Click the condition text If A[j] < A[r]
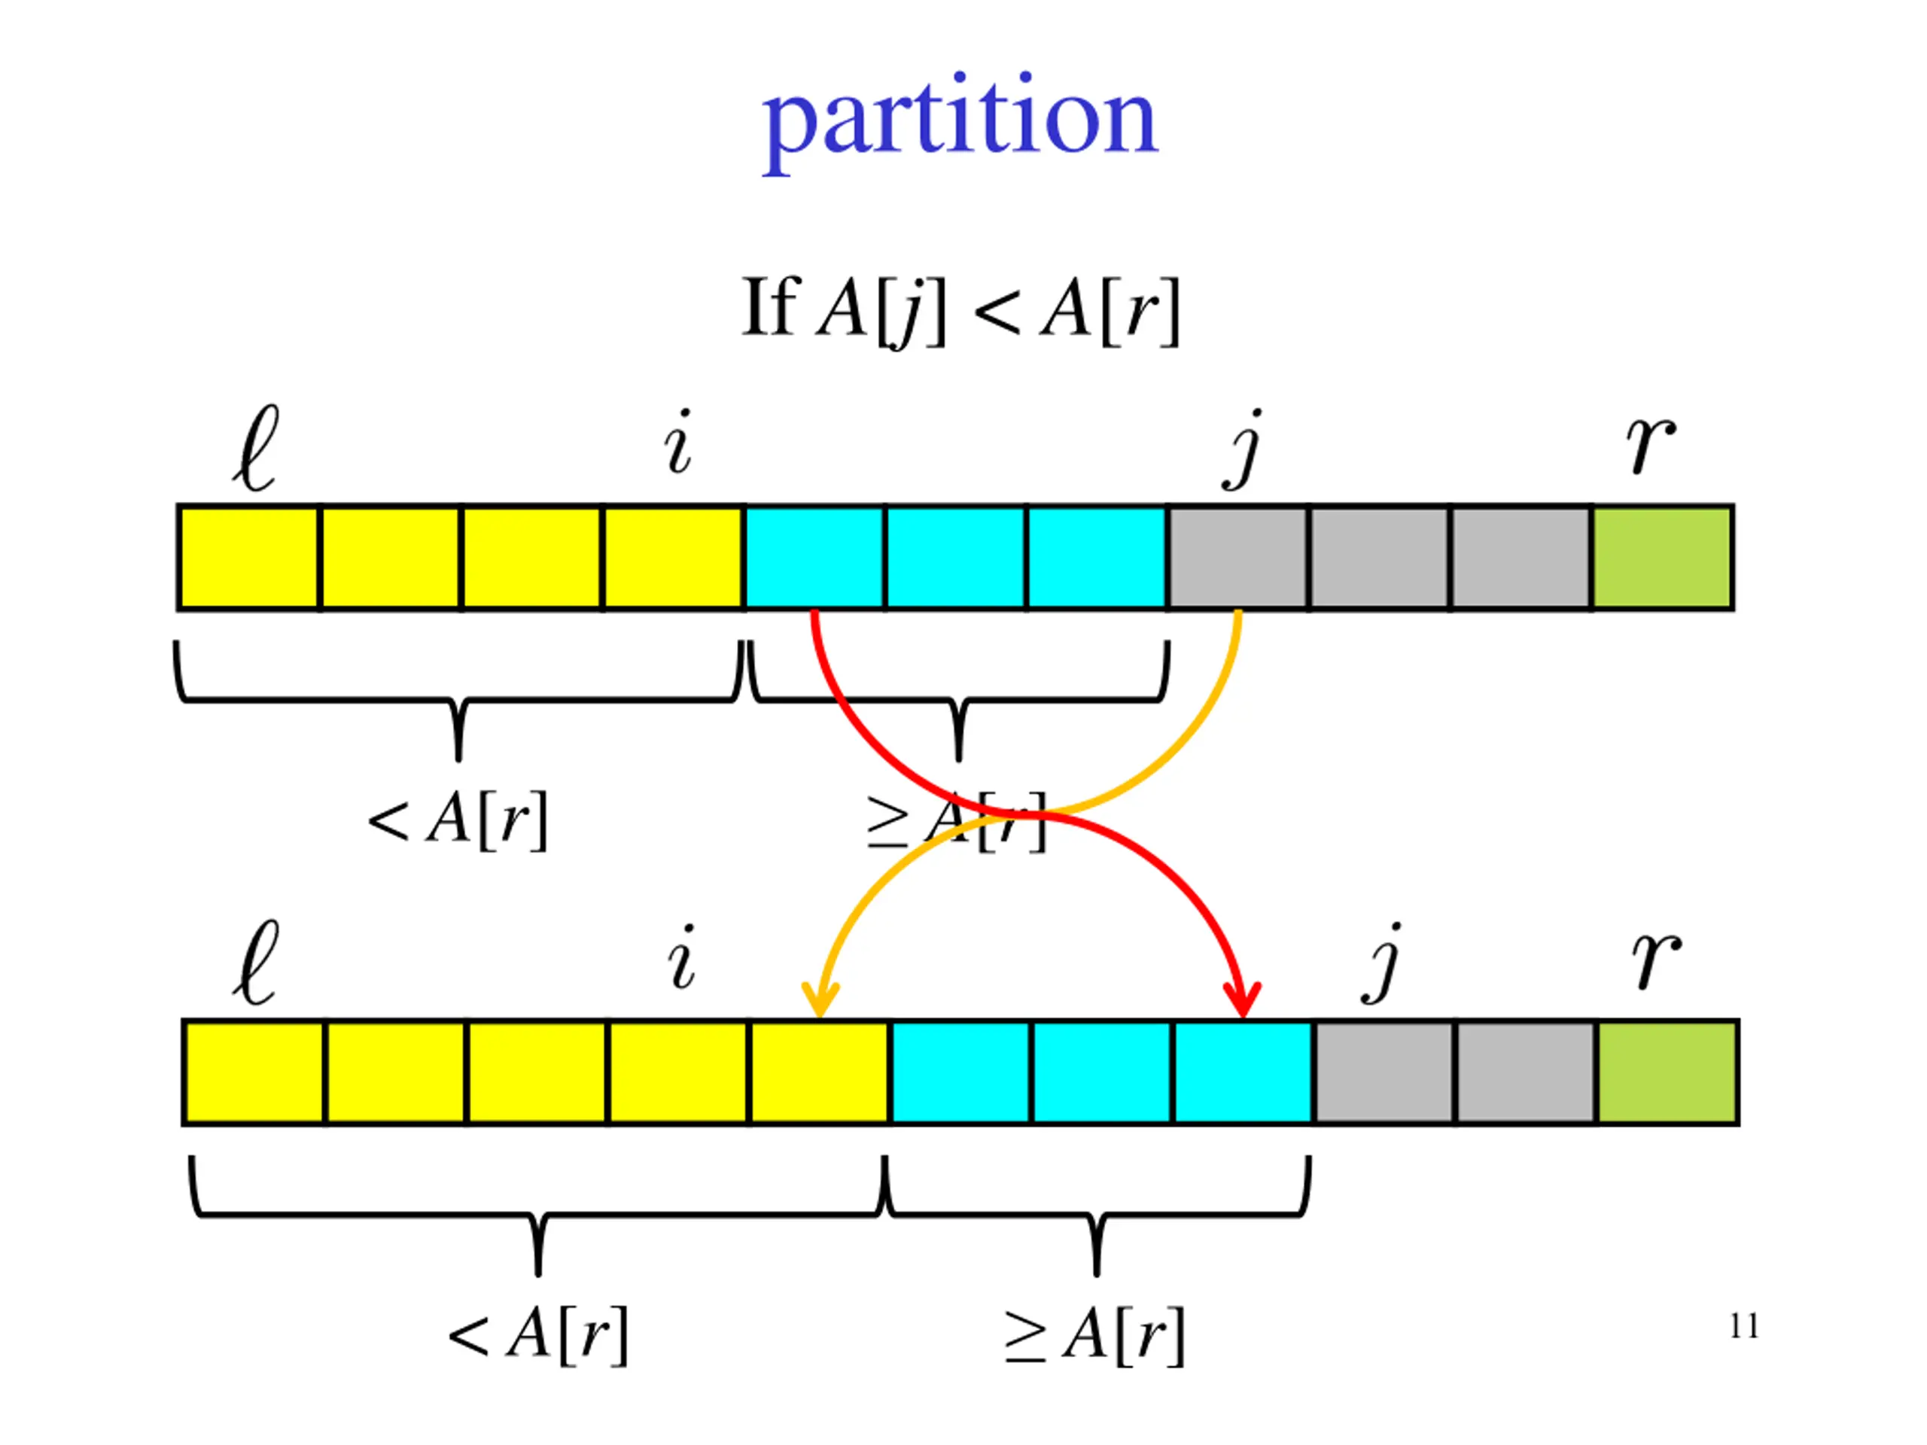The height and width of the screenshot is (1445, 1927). click(961, 309)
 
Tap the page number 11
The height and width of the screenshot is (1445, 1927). click(1743, 1327)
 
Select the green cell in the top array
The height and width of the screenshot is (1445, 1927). click(1661, 558)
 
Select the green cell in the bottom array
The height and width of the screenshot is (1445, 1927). click(1667, 1073)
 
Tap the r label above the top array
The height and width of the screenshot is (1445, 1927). click(1651, 444)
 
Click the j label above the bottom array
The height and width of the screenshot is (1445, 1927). click(1384, 963)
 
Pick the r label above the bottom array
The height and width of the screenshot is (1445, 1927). click(1656, 960)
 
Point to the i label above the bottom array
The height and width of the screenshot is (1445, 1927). click(681, 958)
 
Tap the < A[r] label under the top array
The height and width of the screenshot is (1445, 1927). click(458, 820)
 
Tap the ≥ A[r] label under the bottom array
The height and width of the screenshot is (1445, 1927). click(1094, 1335)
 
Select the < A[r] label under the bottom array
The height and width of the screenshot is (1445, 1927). click(537, 1335)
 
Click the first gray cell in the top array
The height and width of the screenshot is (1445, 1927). click(1237, 558)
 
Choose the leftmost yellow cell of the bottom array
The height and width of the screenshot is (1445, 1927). click(254, 1073)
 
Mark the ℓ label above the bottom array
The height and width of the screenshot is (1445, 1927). click(256, 963)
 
